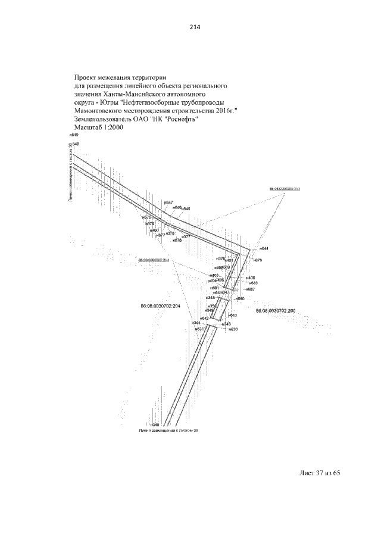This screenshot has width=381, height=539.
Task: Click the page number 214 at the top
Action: pyautogui.click(x=191, y=26)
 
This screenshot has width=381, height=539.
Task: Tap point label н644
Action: pyautogui.click(x=264, y=248)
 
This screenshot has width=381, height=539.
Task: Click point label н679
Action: pyautogui.click(x=257, y=260)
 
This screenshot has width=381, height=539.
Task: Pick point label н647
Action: pyautogui.click(x=168, y=203)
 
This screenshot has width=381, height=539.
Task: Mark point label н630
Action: pyautogui.click(x=233, y=329)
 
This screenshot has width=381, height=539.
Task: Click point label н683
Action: pyautogui.click(x=253, y=283)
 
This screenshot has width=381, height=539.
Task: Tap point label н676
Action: pyautogui.click(x=147, y=217)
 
